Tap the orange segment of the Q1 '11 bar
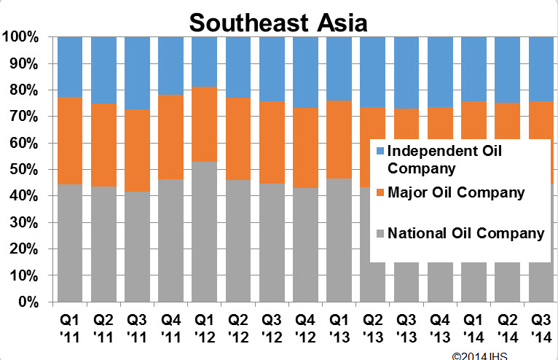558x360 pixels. point(70,141)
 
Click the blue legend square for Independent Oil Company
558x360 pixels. point(378,152)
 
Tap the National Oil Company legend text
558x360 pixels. point(465,234)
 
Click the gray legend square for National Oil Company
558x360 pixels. point(378,235)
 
